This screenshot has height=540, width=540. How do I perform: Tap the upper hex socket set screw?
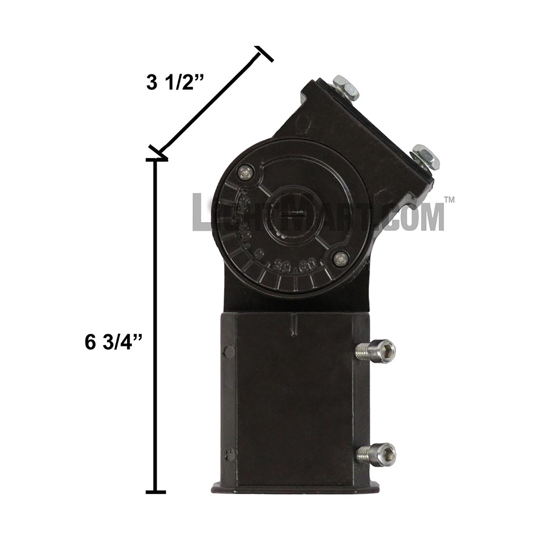pos(377,351)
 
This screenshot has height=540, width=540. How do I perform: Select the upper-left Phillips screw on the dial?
pos(244,171)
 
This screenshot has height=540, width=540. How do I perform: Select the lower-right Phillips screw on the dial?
pos(340,258)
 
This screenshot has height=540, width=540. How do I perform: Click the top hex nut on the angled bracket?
pos(345,88)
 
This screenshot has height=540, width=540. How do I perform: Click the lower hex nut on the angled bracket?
pos(426,157)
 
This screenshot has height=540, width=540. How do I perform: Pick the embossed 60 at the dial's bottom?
pos(305,266)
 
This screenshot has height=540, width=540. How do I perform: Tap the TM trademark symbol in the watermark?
pos(449,200)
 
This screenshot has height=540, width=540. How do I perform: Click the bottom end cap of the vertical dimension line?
pos(156,492)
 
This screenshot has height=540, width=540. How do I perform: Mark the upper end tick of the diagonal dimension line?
pos(265,54)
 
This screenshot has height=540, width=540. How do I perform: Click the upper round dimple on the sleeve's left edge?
pos(229,352)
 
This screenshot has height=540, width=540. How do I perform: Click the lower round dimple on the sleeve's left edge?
pos(229,455)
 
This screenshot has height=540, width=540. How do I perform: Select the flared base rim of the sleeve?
pos(295,487)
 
